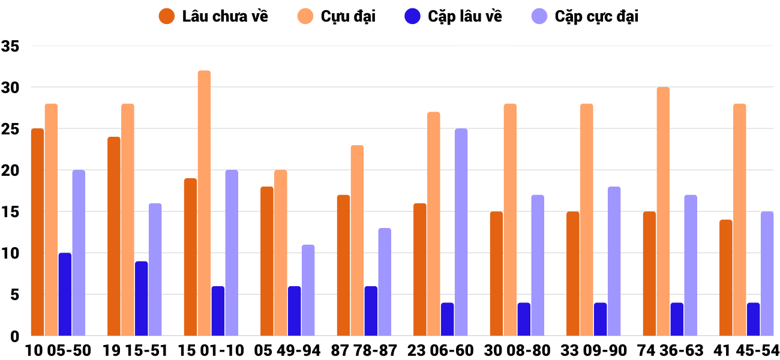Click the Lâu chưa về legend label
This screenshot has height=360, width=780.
pyautogui.click(x=224, y=16)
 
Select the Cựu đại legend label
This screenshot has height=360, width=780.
pyautogui.click(x=348, y=16)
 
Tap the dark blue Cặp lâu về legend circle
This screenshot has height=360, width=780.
pyautogui.click(x=412, y=16)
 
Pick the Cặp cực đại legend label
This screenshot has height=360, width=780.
pyautogui.click(x=596, y=16)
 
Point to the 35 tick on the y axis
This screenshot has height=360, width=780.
pyautogui.click(x=10, y=46)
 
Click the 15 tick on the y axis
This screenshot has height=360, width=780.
pyautogui.click(x=10, y=212)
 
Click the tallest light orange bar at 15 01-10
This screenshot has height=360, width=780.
pyautogui.click(x=205, y=203)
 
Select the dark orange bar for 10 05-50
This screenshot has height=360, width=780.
pyautogui.click(x=38, y=232)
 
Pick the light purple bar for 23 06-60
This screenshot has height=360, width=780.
pyautogui.click(x=461, y=232)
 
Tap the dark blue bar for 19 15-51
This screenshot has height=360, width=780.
pyautogui.click(x=142, y=299)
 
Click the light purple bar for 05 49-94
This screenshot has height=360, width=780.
pyautogui.click(x=308, y=290)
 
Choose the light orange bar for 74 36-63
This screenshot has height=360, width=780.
pyautogui.click(x=663, y=212)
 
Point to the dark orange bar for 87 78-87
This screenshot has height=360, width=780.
pyautogui.click(x=344, y=265)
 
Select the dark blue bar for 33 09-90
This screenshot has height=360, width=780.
pyautogui.click(x=600, y=319)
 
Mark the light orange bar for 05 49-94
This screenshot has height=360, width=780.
pyautogui.click(x=281, y=253)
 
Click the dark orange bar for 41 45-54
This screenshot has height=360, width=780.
pyautogui.click(x=726, y=278)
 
